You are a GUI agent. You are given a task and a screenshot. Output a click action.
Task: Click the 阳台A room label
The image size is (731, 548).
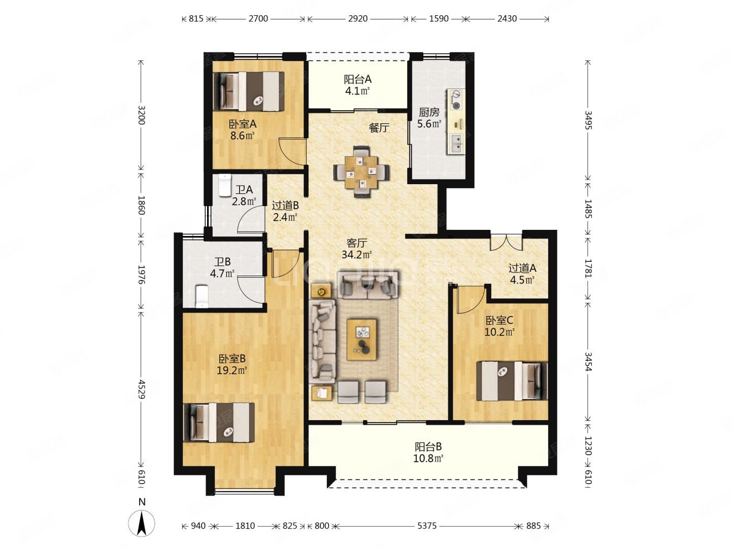(x=357, y=80)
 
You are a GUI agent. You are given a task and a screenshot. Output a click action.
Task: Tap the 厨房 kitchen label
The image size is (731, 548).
(x=429, y=112)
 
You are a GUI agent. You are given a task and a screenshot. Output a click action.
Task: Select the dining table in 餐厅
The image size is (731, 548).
(x=361, y=173)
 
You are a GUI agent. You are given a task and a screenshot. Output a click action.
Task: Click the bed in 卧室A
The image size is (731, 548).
(x=249, y=91)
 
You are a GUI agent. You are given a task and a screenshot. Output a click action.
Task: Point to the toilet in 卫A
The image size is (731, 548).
(x=224, y=185)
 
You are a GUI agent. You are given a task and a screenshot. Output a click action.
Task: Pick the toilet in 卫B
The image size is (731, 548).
(x=202, y=296)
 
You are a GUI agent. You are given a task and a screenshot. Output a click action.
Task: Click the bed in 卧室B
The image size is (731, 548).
(x=219, y=422)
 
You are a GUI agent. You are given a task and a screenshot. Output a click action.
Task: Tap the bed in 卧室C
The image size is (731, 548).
(x=512, y=381)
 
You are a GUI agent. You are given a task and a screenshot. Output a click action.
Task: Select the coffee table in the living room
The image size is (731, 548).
(x=361, y=339)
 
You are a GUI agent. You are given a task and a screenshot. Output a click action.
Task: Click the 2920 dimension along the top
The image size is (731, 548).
(x=358, y=19)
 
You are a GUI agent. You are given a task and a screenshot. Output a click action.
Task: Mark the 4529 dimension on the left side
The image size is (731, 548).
(x=141, y=389)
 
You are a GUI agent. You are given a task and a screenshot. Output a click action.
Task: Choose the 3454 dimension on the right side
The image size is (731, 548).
(x=588, y=362)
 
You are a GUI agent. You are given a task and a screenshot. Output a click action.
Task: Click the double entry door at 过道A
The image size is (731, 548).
(x=506, y=242)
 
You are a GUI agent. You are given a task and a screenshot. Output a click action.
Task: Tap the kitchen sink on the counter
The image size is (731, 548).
(x=456, y=143)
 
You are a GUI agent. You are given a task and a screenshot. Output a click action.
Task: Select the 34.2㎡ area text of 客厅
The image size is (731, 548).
(x=356, y=255)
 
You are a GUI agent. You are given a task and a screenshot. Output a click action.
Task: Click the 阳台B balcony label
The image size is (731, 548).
(x=428, y=447)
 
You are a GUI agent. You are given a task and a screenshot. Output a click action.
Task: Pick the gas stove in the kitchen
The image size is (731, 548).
(x=456, y=99)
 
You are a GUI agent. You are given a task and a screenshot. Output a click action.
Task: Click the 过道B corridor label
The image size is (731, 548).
(x=285, y=206)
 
